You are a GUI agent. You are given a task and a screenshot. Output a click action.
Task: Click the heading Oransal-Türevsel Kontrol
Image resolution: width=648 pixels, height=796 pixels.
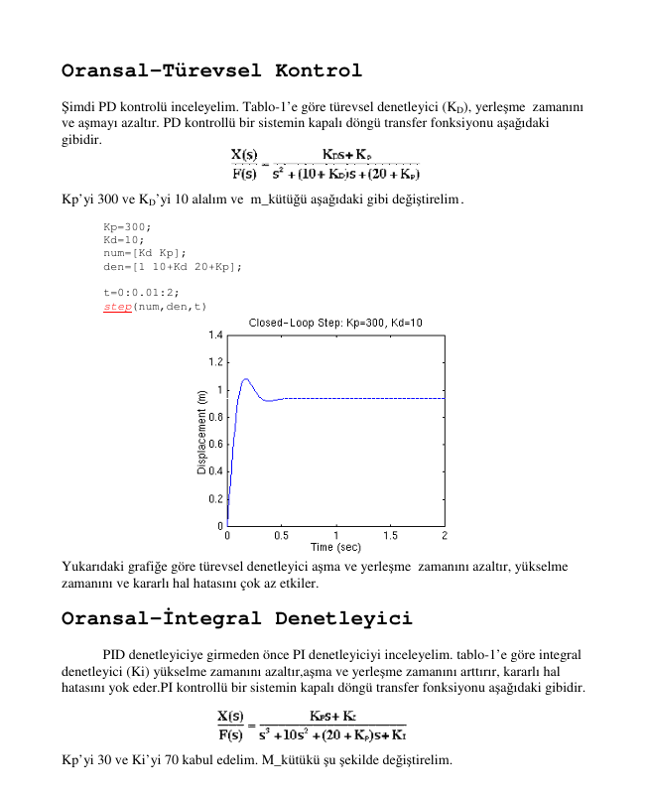211,71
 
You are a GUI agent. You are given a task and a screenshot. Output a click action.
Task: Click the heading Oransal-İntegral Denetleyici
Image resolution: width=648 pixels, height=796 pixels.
236,619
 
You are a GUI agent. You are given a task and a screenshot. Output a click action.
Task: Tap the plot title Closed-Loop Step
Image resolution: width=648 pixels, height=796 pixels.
335,324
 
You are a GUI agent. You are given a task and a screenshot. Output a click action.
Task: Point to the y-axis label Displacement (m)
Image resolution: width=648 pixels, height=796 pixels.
201,430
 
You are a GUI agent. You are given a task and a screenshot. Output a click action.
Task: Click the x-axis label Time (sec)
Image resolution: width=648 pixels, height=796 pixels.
335,547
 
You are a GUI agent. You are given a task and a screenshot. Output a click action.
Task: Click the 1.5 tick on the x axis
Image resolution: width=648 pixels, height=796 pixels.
390,535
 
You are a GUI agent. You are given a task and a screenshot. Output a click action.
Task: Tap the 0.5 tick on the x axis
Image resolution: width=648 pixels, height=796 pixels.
282,535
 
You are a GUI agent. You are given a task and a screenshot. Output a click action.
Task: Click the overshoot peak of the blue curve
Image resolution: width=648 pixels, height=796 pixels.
245,379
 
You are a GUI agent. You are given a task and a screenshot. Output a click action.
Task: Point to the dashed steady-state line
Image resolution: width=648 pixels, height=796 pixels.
367,398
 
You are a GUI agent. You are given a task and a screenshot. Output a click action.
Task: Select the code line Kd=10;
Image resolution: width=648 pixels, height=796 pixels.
124,240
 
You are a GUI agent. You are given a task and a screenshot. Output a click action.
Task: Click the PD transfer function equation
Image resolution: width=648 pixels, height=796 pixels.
324,164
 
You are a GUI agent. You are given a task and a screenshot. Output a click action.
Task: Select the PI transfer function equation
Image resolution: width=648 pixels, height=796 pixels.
312,726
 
